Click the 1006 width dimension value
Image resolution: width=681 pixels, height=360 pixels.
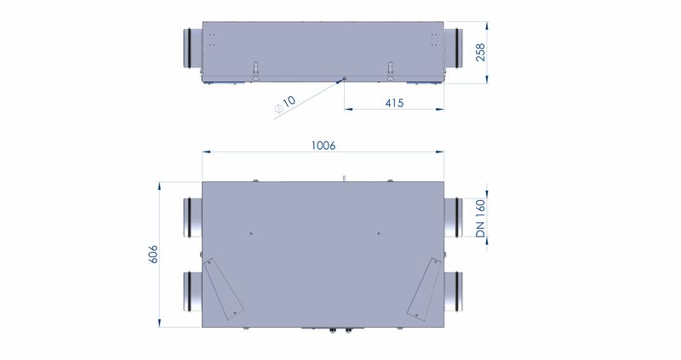coord(323,146)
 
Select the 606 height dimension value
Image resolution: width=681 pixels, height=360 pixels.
coord(153,254)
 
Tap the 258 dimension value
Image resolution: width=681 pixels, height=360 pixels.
coord(480,53)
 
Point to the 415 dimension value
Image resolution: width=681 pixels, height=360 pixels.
coord(394,103)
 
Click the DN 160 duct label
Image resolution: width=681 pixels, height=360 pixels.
coord(480,218)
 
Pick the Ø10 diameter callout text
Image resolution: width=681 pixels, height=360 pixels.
coord(285,105)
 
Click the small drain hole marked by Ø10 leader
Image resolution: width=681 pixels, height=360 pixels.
coord(345,78)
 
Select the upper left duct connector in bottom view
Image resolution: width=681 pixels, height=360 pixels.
coord(193,218)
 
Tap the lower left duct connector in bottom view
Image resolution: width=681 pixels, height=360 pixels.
coord(193,291)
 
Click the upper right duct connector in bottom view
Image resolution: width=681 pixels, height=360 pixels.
coord(453,218)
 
